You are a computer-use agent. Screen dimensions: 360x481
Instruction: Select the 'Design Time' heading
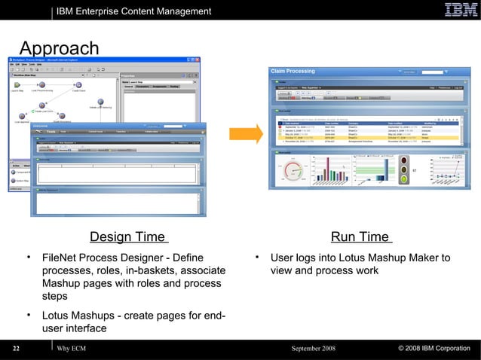(127, 238)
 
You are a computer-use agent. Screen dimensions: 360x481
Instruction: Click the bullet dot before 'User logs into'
(257, 258)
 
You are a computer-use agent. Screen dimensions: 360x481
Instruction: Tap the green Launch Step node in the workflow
(16, 84)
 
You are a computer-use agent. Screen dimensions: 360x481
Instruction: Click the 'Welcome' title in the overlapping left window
(44, 126)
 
